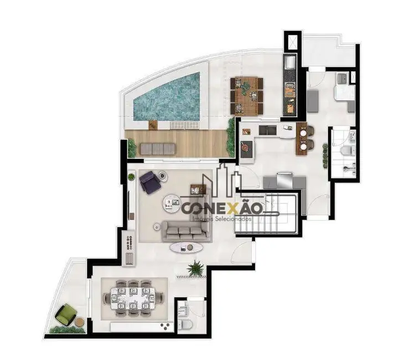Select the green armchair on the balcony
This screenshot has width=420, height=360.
65,315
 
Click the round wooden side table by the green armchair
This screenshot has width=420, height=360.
79,322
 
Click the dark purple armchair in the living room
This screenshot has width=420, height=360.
149,182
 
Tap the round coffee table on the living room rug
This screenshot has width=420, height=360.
172,203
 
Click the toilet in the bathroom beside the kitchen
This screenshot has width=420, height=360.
346,150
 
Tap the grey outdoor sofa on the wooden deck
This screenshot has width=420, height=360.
158,148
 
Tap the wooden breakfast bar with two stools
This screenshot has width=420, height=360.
301,138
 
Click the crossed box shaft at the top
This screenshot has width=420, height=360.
292,42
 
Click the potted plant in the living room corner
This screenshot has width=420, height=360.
131,177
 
